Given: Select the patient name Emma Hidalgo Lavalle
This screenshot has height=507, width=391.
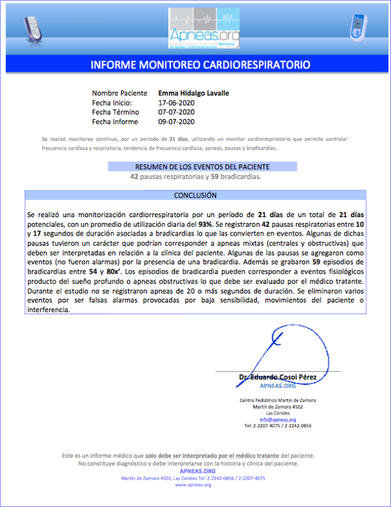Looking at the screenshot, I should coord(193,93).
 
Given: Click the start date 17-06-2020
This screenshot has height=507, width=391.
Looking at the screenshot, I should coord(176,103).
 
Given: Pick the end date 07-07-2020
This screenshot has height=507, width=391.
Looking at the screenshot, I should coord(176,112).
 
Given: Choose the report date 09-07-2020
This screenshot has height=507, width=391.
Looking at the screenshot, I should coord(176,122).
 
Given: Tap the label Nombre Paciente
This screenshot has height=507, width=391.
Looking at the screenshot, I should coord(119,93).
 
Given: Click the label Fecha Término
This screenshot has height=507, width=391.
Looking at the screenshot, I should coord(117,112).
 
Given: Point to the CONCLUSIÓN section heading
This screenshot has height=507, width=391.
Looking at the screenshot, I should coord(195,196).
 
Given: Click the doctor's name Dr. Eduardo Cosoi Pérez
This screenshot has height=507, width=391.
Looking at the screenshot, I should coord(277,377).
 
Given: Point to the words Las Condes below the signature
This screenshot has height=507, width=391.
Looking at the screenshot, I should coord(277,413).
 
